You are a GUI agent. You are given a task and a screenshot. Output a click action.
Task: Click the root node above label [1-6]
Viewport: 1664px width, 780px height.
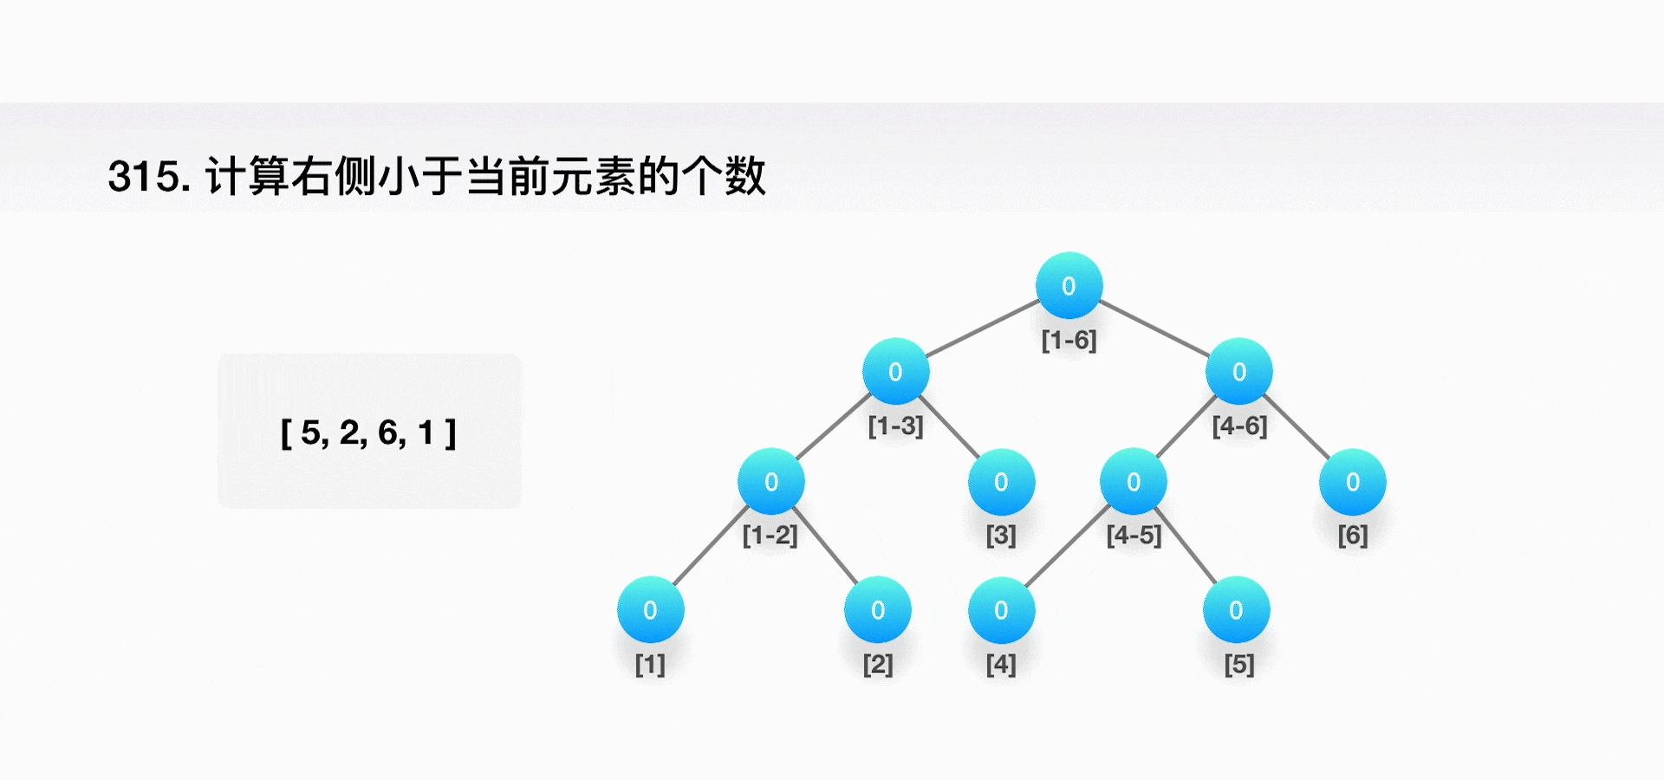1069,285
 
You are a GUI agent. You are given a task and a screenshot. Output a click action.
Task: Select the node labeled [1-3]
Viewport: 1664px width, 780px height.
895,371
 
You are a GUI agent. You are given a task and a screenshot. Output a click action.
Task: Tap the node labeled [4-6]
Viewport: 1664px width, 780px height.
1239,371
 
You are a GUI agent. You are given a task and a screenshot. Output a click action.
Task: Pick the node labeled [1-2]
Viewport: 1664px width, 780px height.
770,481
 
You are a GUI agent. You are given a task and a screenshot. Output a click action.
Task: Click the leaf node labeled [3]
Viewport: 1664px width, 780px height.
1001,481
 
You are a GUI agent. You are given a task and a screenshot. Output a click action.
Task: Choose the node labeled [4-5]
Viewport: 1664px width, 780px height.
1133,481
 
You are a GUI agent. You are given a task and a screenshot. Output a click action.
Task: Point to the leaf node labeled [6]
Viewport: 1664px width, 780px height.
1352,481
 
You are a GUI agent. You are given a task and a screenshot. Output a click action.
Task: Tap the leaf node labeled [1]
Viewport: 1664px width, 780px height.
650,609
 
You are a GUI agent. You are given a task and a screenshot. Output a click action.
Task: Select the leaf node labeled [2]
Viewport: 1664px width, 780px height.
877,609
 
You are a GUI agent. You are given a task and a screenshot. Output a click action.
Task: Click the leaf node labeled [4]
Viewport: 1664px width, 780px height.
1001,609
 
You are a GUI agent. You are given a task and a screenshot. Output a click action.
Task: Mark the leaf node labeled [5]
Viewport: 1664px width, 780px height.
1236,609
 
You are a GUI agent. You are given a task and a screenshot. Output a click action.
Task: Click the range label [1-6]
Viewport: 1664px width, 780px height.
1069,340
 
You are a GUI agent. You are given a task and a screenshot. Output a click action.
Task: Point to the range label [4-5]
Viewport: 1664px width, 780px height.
1134,535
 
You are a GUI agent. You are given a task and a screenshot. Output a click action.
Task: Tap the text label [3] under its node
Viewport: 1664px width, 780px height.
1001,535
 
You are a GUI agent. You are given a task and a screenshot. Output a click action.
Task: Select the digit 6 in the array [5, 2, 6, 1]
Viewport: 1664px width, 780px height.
387,432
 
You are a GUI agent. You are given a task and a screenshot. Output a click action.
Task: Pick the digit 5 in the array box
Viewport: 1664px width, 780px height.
310,432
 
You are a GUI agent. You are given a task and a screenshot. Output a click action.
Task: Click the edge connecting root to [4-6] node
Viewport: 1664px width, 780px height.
1154,328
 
